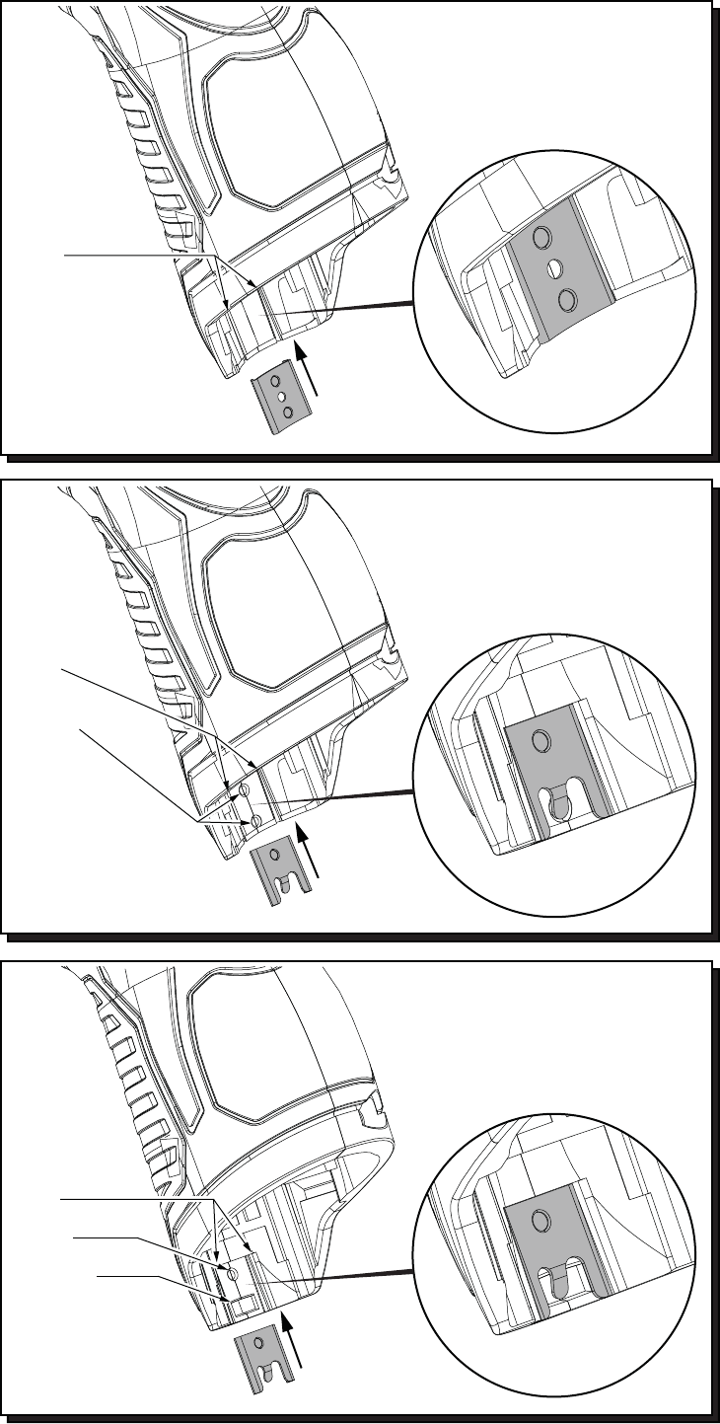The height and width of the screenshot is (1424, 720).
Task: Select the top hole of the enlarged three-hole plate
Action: pyautogui.click(x=540, y=238)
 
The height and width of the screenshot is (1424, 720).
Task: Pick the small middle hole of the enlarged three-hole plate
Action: pyautogui.click(x=553, y=266)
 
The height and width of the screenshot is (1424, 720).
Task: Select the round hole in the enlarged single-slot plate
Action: pyautogui.click(x=540, y=740)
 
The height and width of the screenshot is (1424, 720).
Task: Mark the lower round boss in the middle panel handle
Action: pyautogui.click(x=255, y=820)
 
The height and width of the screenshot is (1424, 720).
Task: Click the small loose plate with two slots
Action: pyautogui.click(x=265, y=1358)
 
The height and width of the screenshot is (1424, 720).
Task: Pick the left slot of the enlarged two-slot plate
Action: pyautogui.click(x=558, y=1282)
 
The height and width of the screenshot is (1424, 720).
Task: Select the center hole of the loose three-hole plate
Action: pyautogui.click(x=279, y=395)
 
